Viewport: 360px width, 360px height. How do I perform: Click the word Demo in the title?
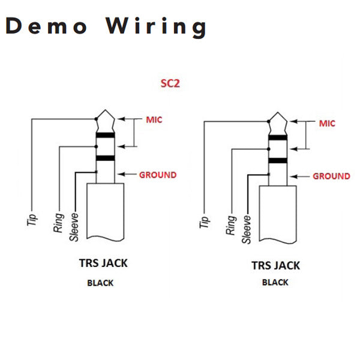[46, 26]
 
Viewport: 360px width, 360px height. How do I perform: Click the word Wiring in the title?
[155, 27]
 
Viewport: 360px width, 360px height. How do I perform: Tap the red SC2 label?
[170, 83]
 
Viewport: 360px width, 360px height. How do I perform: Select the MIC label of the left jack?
[154, 119]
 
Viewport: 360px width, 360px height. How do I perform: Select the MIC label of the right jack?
[327, 124]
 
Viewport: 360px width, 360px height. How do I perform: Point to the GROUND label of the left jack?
[158, 175]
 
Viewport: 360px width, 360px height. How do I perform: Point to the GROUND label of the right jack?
[332, 176]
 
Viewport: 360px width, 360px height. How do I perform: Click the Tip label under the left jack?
[32, 220]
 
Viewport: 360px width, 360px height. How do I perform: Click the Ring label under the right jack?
[231, 225]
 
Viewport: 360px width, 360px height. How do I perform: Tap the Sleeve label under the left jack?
[74, 227]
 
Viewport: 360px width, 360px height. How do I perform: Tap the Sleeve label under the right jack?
[247, 229]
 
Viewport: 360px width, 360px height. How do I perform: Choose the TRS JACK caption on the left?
[103, 263]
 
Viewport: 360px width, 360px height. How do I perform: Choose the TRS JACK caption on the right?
[276, 266]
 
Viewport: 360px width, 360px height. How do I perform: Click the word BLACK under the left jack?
[100, 283]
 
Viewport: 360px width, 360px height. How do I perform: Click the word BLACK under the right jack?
[275, 283]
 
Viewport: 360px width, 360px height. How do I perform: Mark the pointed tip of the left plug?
[106, 110]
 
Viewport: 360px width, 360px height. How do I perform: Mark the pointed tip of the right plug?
[278, 113]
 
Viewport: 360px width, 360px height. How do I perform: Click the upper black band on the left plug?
[106, 135]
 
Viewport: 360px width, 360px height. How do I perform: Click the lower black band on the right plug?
[278, 160]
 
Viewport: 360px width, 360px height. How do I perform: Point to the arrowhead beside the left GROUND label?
[121, 174]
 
